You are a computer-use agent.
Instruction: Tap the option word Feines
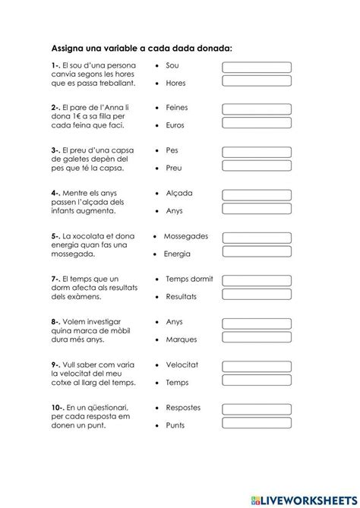click(x=178, y=109)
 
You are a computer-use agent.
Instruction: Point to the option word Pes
click(x=172, y=150)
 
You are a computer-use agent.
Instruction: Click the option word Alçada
click(x=179, y=193)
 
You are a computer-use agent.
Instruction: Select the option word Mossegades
click(x=185, y=236)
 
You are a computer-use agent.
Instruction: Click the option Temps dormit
click(x=189, y=279)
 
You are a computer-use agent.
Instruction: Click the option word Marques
click(x=181, y=338)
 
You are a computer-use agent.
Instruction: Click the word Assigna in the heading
click(x=71, y=48)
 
